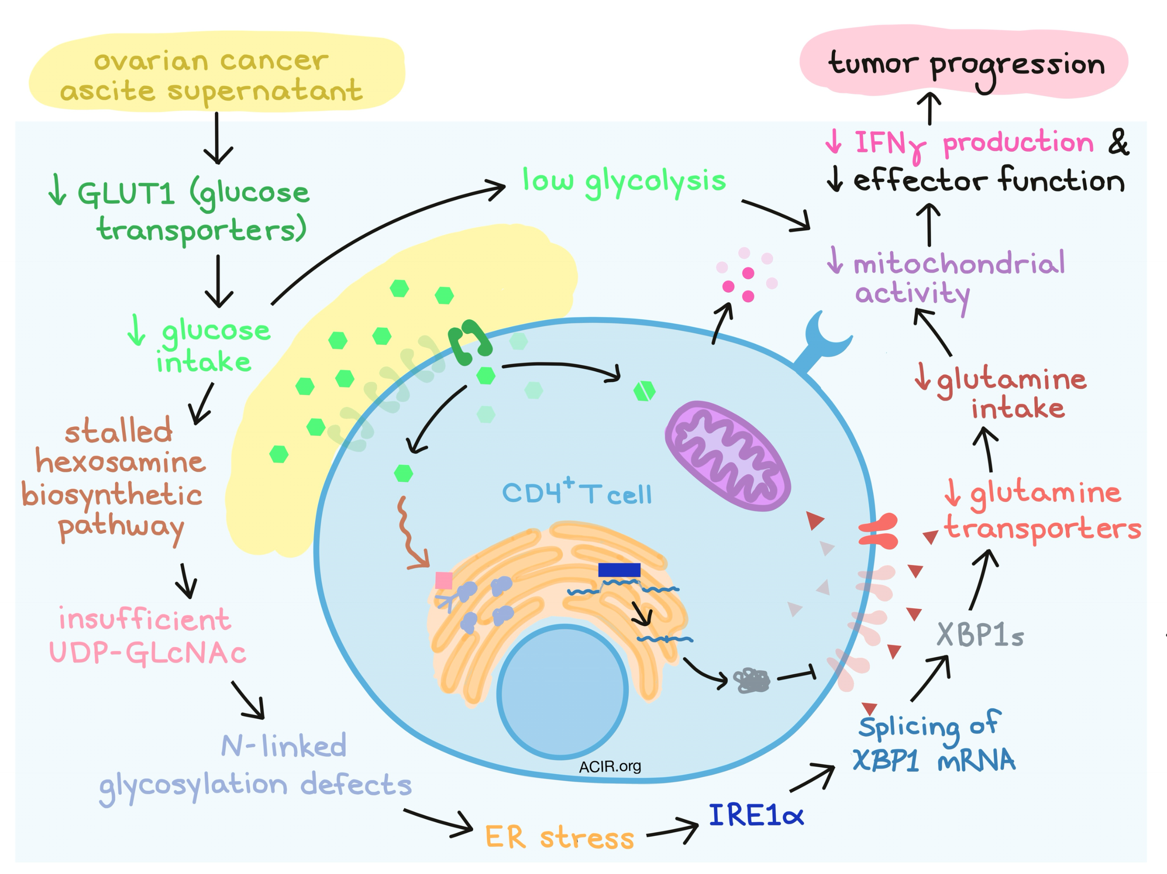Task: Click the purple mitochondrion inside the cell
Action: point(727,456)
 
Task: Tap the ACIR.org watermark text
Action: point(610,766)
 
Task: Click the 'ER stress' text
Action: point(559,837)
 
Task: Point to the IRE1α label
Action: point(756,816)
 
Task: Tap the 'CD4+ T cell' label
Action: point(577,493)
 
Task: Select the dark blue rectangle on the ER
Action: point(619,570)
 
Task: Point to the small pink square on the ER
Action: point(444,580)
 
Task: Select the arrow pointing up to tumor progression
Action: point(931,108)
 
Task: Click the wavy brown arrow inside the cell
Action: point(409,533)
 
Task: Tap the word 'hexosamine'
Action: point(120,462)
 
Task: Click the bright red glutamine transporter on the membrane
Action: point(878,531)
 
